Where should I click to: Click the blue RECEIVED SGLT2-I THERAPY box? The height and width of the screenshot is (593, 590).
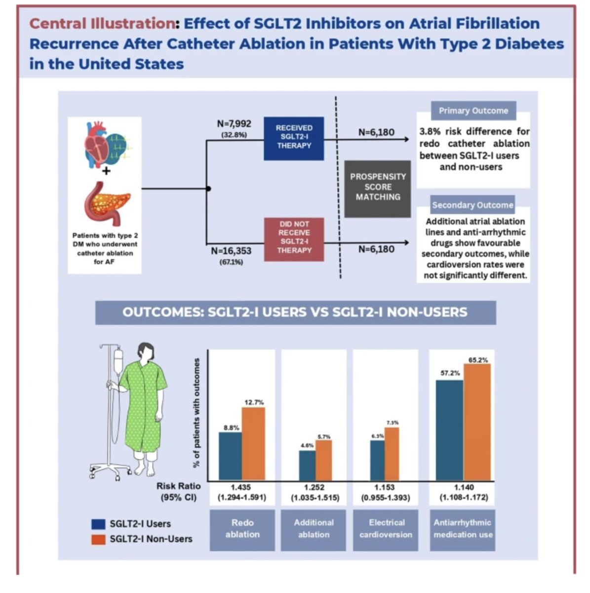[x=294, y=138]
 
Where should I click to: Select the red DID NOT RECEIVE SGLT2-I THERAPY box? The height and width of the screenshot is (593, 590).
[x=294, y=239]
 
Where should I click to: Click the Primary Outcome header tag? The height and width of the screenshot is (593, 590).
[x=473, y=111]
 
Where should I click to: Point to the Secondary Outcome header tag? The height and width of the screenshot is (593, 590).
[x=472, y=205]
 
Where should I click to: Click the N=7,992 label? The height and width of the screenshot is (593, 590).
[x=234, y=124]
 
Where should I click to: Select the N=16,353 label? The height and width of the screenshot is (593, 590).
[x=231, y=251]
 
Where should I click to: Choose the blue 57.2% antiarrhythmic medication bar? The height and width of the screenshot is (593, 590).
[x=449, y=430]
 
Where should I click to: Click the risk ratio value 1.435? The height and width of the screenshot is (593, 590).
[x=241, y=488]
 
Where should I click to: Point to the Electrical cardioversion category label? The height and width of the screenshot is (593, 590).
[x=386, y=528]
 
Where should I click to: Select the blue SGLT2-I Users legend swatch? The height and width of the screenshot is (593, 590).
[x=98, y=524]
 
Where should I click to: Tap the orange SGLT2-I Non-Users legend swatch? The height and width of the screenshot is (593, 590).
[x=98, y=539]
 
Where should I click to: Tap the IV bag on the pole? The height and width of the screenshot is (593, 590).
[x=118, y=361]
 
